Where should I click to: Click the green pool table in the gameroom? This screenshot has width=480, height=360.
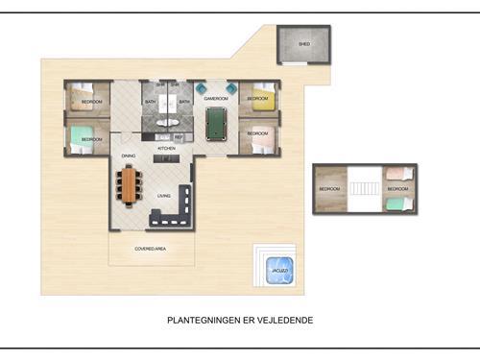coord(218,123)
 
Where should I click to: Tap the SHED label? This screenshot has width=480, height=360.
coord(304,44)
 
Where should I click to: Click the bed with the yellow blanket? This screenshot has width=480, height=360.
coord(261,99)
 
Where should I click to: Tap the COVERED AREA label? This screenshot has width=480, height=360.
coord(152,249)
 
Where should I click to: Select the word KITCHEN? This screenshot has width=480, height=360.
coord(166,149)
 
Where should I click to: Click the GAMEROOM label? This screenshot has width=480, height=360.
coord(217,99)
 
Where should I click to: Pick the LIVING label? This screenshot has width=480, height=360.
coord(164,196)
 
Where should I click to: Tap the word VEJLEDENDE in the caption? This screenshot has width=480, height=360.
coord(284,320)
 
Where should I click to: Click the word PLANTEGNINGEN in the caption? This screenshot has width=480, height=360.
coord(200,320)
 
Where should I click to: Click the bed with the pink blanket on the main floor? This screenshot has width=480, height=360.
coord(261,138)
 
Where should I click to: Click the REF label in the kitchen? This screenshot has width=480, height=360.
coord(179,136)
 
